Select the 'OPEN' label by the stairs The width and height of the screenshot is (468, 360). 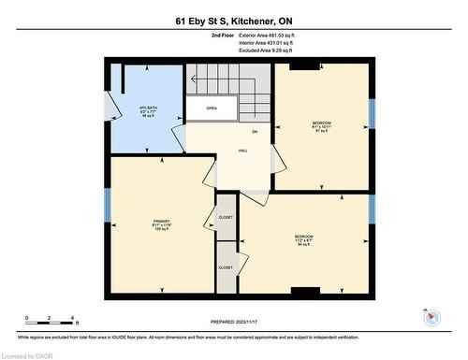pos(212,108)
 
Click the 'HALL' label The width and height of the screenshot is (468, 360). pos(242,150)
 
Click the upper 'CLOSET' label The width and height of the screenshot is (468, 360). pos(226,217)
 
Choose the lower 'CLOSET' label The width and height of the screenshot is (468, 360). pos(226,267)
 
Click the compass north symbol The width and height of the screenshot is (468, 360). pos(431,316)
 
